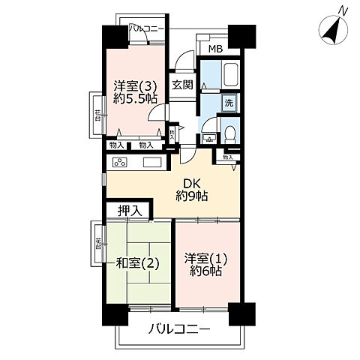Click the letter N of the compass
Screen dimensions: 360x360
tap(343, 10)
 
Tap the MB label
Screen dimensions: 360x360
tap(215, 49)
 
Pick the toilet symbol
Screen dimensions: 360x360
tap(231, 133)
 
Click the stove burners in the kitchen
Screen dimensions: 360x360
tap(119, 163)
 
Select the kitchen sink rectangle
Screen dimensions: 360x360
tap(152, 163)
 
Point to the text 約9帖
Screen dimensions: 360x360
tap(191, 197)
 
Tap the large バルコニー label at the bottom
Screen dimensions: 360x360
tap(179, 328)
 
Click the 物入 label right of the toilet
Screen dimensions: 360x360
tap(227, 157)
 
